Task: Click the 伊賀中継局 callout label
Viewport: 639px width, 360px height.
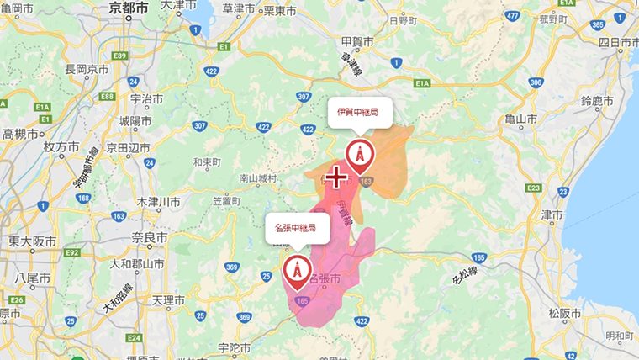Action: click(359, 112)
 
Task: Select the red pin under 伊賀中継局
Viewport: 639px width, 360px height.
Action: click(359, 156)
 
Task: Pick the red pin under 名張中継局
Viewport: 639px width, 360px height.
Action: click(295, 271)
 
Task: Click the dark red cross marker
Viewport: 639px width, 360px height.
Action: click(337, 177)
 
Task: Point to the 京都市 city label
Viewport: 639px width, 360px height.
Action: click(129, 8)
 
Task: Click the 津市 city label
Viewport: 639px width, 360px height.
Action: click(552, 214)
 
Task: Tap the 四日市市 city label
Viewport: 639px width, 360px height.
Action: click(615, 41)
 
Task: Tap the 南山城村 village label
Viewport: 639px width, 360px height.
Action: click(256, 178)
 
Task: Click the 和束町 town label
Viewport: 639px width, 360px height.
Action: click(206, 161)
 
